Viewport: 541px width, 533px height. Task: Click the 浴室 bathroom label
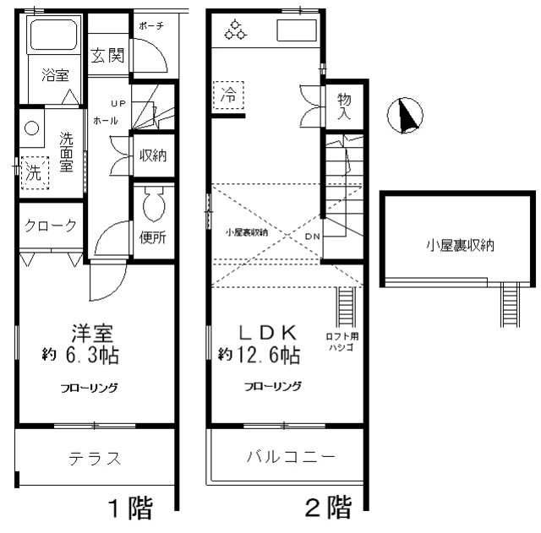tap(55, 75)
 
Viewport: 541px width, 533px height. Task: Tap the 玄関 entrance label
tap(107, 57)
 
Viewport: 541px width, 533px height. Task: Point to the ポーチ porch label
tap(153, 25)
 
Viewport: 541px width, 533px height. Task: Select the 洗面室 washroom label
tap(66, 152)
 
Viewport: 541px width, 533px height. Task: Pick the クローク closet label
tap(51, 226)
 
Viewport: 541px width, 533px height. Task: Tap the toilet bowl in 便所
tap(153, 203)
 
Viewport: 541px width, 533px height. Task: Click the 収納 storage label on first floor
tap(153, 155)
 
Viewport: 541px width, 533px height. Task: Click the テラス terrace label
tap(94, 459)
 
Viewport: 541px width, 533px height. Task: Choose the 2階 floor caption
tap(327, 508)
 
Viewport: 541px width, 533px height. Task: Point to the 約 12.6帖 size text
tap(259, 355)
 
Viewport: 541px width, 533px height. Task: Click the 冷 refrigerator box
tap(228, 95)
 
